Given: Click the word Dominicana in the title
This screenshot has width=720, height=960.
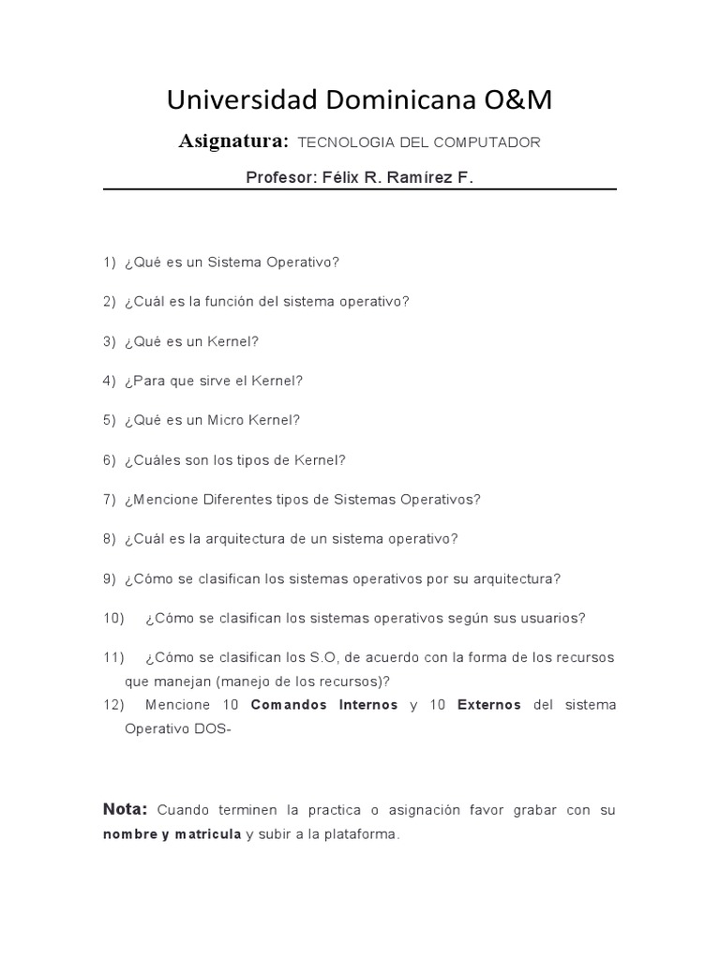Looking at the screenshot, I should (397, 100).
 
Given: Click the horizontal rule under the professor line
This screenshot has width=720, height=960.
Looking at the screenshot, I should (360, 189).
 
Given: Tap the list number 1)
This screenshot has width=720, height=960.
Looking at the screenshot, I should (110, 262).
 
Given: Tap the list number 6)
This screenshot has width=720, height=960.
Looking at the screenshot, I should (110, 459).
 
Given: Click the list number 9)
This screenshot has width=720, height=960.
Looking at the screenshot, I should (110, 578).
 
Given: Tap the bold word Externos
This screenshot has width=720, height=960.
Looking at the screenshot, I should (488, 705).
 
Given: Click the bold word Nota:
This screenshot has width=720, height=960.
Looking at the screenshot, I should (125, 809).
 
